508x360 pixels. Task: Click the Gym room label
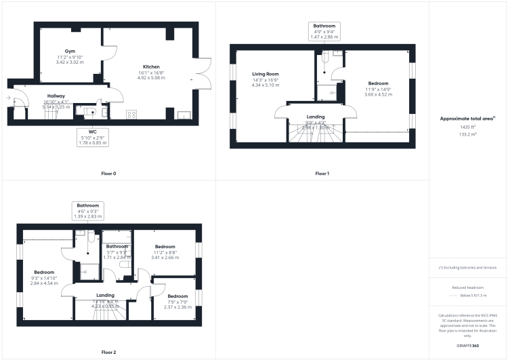tap(70, 52)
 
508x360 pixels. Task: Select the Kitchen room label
tap(151, 66)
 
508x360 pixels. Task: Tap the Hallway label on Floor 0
tap(56, 96)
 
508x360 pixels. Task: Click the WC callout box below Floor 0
tap(93, 137)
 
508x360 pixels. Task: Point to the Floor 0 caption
tap(108, 174)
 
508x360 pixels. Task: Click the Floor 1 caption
tap(322, 174)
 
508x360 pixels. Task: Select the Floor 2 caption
tap(108, 353)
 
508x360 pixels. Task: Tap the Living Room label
tap(256, 73)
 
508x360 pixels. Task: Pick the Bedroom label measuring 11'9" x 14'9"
tap(378, 82)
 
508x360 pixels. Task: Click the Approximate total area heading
tap(467, 118)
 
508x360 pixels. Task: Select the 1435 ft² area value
tap(467, 127)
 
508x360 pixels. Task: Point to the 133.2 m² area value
tap(467, 134)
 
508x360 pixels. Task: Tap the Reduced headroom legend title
tap(467, 287)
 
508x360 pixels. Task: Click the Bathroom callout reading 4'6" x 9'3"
tap(88, 210)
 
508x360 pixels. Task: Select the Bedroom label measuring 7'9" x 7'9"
tap(177, 296)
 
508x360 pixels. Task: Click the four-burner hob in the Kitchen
tap(131, 114)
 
